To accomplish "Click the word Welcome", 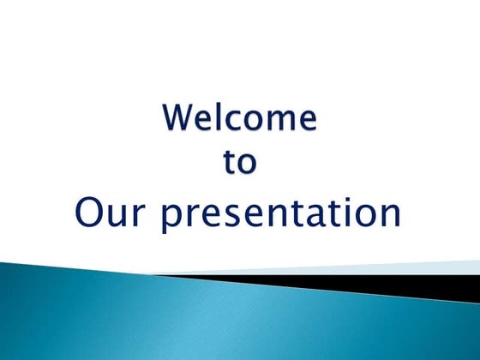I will pyautogui.click(x=239, y=117).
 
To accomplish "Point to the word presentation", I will pyautogui.click(x=282, y=214).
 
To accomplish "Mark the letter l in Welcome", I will pyautogui.click(x=221, y=117).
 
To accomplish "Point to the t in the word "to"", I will pyautogui.click(x=230, y=161).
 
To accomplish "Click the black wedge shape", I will pyautogui.click(x=386, y=285).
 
